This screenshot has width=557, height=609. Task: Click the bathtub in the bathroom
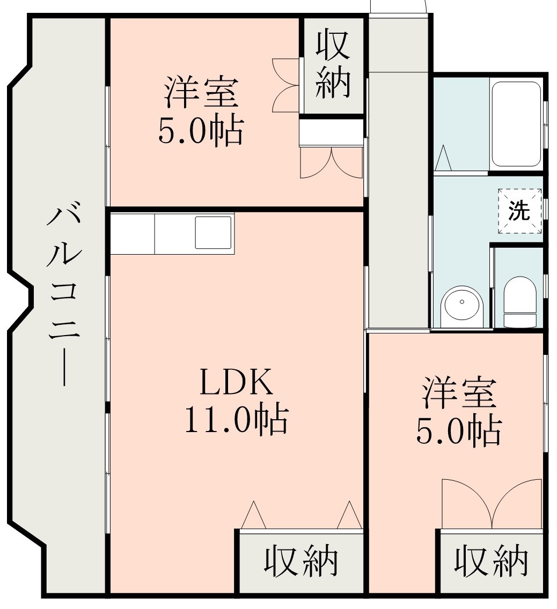[x=516, y=124]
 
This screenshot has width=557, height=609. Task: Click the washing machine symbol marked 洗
[x=519, y=211]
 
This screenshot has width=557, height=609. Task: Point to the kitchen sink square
[x=214, y=233]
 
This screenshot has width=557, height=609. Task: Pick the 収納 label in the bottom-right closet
[x=491, y=562]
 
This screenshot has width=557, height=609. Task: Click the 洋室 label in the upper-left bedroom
[x=201, y=92]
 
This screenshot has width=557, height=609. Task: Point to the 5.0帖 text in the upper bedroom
[x=201, y=130]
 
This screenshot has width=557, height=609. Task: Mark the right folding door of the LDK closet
[x=350, y=516]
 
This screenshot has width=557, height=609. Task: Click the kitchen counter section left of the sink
[x=133, y=234]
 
